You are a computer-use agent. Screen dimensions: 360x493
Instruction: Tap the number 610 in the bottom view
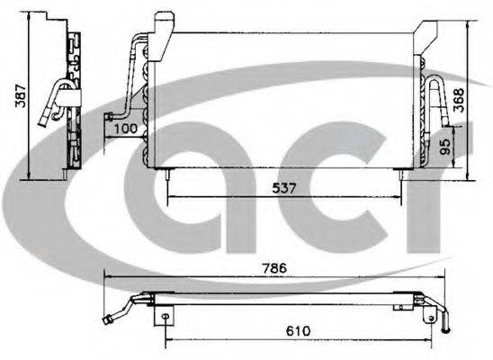coord(298,331)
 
